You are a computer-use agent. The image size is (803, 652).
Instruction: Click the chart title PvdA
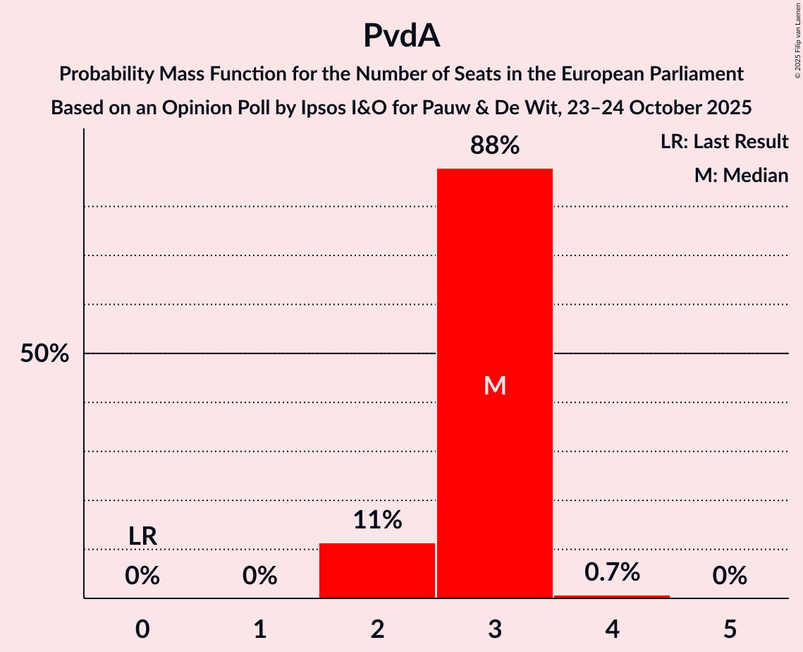click(401, 35)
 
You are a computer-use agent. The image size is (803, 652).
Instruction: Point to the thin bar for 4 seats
click(612, 596)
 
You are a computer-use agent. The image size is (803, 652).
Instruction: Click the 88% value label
click(495, 146)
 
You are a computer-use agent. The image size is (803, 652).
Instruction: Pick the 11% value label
click(377, 520)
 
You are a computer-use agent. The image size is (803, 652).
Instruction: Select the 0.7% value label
click(612, 572)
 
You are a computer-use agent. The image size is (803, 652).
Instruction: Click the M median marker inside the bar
click(495, 385)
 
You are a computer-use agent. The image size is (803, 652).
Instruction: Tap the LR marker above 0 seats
click(142, 536)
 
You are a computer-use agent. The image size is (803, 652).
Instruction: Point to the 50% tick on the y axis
click(44, 354)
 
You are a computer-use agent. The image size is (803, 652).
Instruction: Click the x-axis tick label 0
click(142, 629)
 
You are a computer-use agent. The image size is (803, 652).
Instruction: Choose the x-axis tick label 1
click(260, 629)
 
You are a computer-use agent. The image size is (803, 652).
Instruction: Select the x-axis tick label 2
click(377, 629)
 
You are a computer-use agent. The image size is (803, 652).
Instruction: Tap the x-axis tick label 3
click(495, 629)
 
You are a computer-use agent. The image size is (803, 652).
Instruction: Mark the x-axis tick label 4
click(612, 629)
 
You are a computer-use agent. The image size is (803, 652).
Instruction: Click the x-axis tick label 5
click(730, 629)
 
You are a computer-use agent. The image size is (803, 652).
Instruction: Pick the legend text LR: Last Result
click(724, 142)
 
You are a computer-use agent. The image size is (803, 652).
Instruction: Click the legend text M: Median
click(741, 175)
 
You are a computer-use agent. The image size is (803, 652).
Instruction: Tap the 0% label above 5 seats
click(730, 576)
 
